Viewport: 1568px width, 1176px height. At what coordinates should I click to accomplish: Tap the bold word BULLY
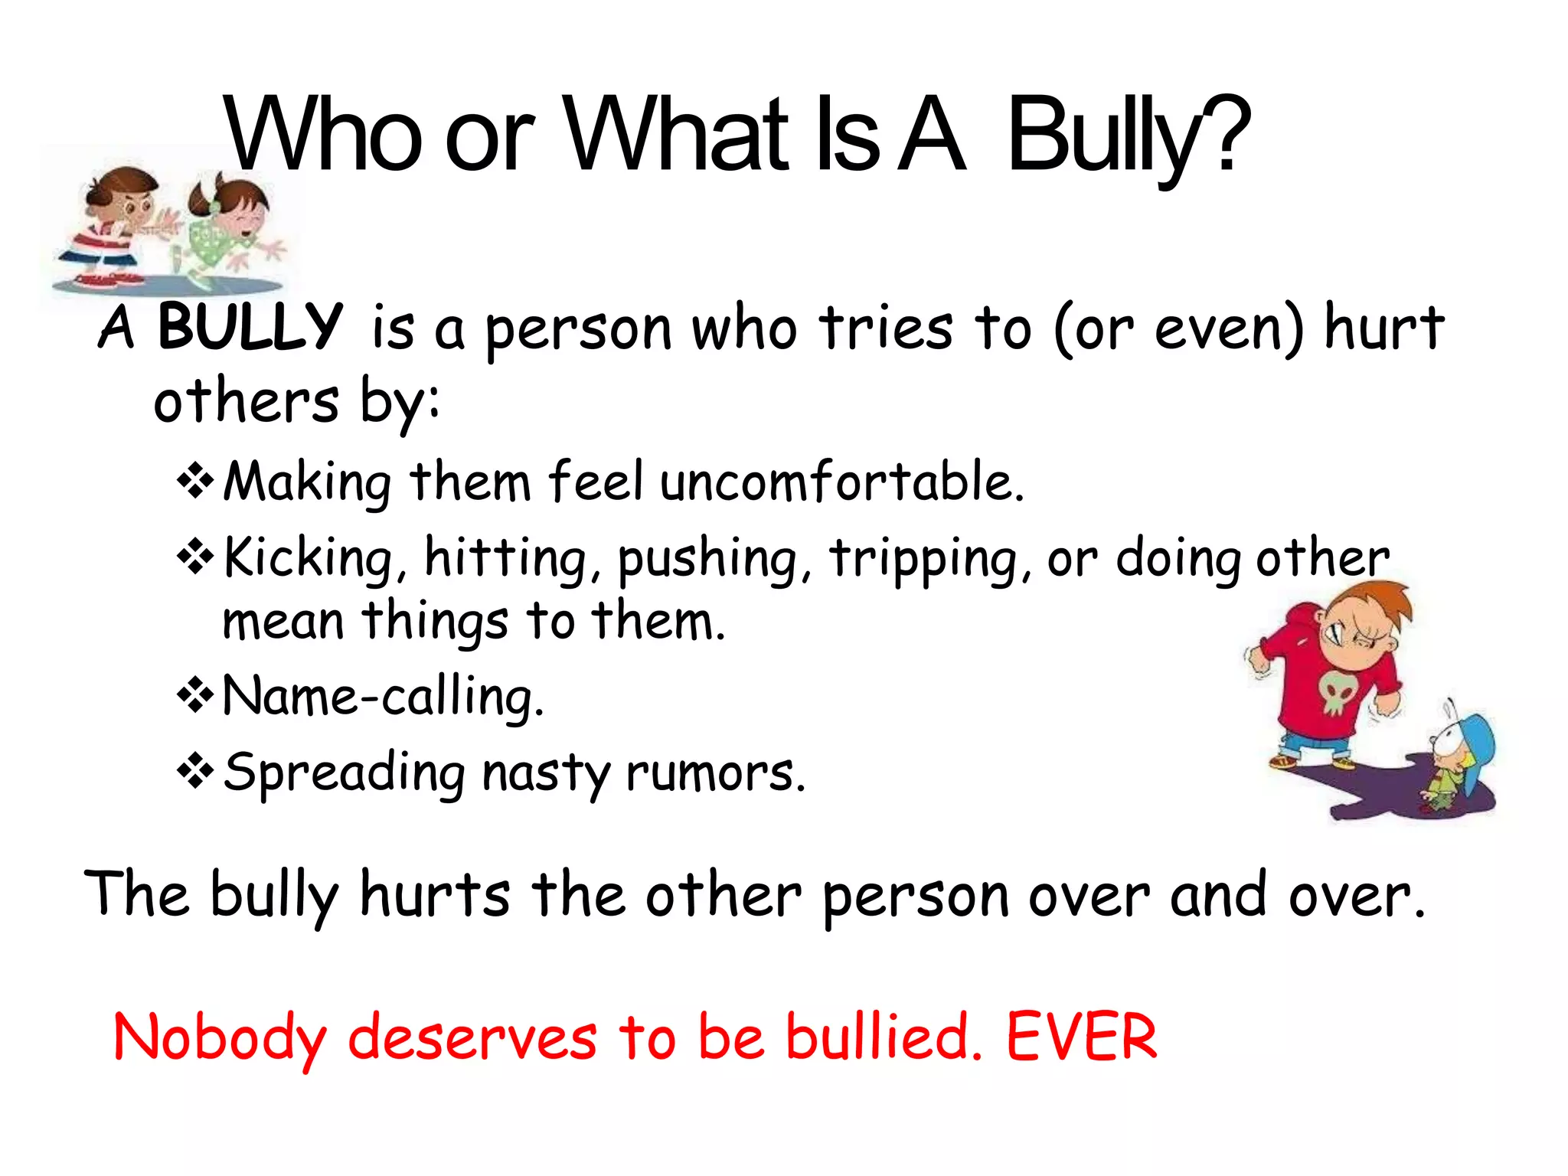pyautogui.click(x=250, y=327)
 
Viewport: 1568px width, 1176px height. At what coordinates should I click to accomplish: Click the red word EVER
pyautogui.click(x=1080, y=1037)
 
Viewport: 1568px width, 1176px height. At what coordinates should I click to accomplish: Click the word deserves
pyautogui.click(x=472, y=1039)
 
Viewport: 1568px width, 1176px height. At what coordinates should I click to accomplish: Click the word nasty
pyautogui.click(x=545, y=773)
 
